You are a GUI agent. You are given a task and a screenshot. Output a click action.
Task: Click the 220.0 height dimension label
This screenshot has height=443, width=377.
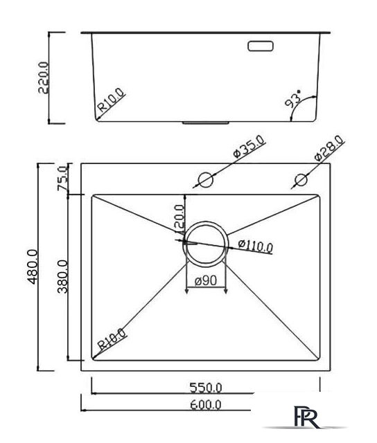(x=44, y=78)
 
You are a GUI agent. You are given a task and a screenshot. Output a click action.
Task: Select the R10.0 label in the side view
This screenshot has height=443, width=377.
(x=111, y=101)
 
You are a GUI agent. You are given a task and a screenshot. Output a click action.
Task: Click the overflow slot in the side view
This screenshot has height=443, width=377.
(x=261, y=47)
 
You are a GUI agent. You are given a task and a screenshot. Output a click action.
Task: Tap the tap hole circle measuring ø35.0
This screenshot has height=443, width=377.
(x=205, y=180)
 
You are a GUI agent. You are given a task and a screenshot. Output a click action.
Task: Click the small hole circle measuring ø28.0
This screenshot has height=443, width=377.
(x=300, y=181)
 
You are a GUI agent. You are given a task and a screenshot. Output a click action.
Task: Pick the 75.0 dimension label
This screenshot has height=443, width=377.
(x=61, y=179)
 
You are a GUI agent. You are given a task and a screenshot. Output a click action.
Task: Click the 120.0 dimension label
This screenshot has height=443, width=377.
(x=179, y=217)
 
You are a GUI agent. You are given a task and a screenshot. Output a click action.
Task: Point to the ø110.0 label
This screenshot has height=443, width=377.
(x=255, y=244)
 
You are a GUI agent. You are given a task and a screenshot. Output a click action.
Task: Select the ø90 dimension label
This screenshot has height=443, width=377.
(x=207, y=281)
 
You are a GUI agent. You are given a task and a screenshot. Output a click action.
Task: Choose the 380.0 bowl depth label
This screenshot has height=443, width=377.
(x=62, y=277)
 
